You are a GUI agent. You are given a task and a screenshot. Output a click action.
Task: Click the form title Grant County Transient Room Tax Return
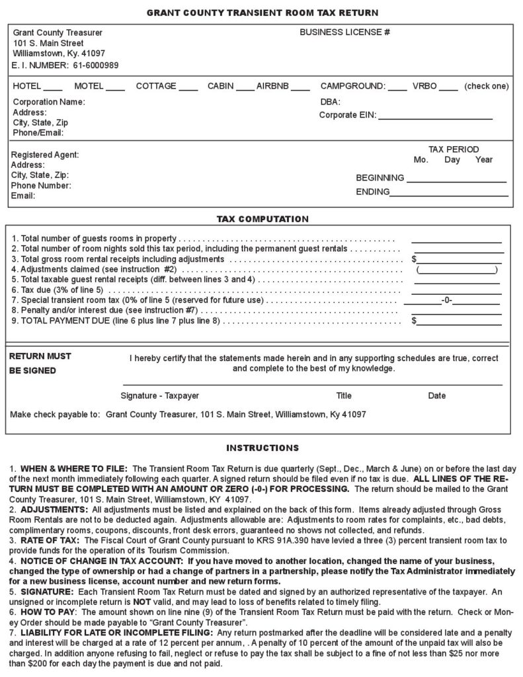[262, 13]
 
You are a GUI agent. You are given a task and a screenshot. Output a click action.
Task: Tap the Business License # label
[344, 32]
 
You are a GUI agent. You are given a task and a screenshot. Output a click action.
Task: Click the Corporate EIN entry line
[435, 117]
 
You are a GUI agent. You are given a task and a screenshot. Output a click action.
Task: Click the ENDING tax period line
[449, 194]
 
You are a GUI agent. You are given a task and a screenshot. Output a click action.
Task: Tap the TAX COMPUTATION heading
[262, 219]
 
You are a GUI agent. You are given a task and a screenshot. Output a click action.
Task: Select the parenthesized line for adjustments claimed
[457, 270]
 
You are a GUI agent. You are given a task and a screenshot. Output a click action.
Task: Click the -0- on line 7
[446, 301]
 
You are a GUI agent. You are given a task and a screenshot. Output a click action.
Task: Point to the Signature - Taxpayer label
[159, 396]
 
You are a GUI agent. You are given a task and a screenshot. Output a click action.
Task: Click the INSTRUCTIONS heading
[262, 448]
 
